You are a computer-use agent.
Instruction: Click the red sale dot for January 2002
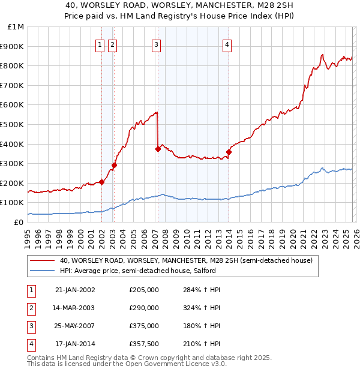pyautogui.click(x=102, y=182)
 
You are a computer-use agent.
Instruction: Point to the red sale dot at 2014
pyautogui.click(x=229, y=152)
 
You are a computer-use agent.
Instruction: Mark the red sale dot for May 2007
pyautogui.click(x=158, y=149)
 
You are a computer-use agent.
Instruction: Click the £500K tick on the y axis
pyautogui.click(x=13, y=124)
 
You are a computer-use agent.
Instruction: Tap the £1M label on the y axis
pyautogui.click(x=16, y=27)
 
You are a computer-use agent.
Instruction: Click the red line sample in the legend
pyautogui.click(x=43, y=261)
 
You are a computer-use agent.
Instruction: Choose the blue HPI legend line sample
pyautogui.click(x=43, y=271)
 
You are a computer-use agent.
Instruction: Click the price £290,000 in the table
pyautogui.click(x=144, y=308)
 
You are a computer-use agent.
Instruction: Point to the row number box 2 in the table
pyautogui.click(x=31, y=308)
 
